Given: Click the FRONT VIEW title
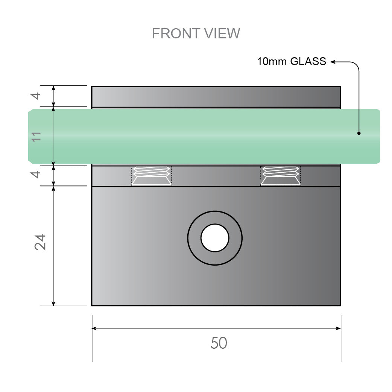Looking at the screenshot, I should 196,34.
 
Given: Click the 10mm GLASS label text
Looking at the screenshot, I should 291,62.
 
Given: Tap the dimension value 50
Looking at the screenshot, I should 219,343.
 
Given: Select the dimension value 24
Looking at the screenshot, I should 40,242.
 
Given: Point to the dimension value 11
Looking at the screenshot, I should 36,136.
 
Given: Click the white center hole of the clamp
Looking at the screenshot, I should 215,238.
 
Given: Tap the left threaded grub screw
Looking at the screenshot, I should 151,176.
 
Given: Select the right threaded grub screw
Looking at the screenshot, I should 281,176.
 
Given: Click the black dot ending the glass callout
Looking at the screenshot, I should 359,133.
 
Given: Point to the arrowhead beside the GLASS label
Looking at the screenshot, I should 333,62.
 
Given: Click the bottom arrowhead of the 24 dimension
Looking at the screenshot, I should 53,303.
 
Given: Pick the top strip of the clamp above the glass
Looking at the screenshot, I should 216,97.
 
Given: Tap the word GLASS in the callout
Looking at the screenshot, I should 308,62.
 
